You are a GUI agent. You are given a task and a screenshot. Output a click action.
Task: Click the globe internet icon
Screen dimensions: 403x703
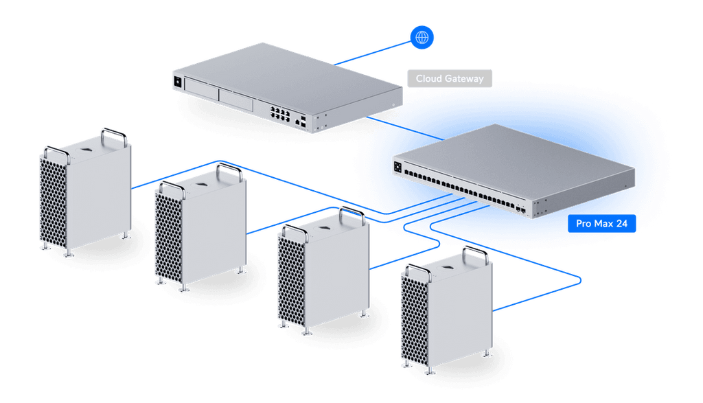point(422,37)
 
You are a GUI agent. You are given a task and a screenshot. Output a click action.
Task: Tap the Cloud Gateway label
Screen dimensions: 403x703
point(450,79)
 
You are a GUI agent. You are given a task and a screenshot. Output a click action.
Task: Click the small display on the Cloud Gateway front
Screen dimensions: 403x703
point(179,82)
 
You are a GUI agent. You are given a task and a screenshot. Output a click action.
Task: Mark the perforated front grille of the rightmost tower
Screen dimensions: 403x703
point(413,319)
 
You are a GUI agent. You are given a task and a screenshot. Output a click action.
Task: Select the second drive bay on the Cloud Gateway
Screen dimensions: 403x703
point(236,99)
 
